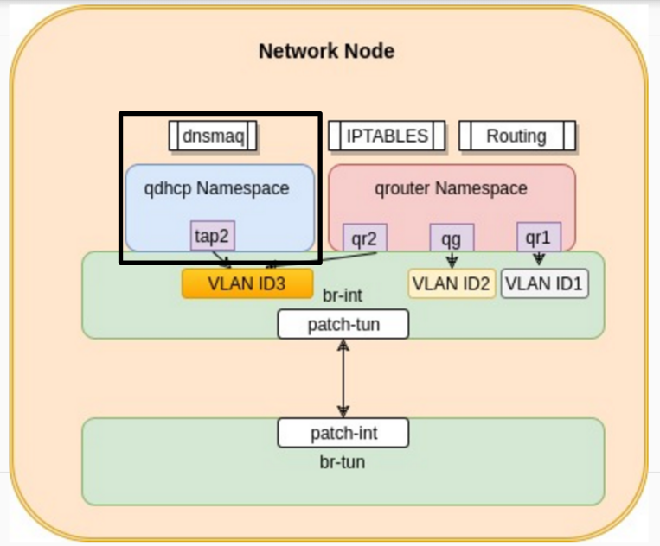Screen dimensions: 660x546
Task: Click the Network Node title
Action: point(327,51)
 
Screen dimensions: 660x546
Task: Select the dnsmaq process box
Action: point(213,136)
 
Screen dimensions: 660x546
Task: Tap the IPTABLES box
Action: point(387,136)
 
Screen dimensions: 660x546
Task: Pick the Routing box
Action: point(517,136)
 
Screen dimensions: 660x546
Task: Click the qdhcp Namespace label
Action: point(216,188)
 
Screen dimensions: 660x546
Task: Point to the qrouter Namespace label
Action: point(451,188)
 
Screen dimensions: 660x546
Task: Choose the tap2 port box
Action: point(213,236)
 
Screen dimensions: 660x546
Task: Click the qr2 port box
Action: point(364,238)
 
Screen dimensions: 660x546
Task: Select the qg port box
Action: point(452,238)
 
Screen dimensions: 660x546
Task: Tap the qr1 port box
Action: point(539,238)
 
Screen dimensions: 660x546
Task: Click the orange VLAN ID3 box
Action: point(247,283)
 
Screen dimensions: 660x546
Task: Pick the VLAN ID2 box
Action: point(452,283)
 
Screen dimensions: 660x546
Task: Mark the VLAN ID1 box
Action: point(544,283)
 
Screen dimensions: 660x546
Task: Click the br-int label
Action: point(343,295)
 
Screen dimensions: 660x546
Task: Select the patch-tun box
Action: point(343,324)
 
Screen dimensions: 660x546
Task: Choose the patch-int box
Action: point(343,433)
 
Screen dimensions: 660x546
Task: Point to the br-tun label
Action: point(343,462)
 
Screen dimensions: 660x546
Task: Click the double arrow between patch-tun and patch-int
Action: point(343,378)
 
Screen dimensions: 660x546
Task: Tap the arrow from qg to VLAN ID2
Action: point(452,260)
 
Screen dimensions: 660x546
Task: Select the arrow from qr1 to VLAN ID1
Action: point(539,259)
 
